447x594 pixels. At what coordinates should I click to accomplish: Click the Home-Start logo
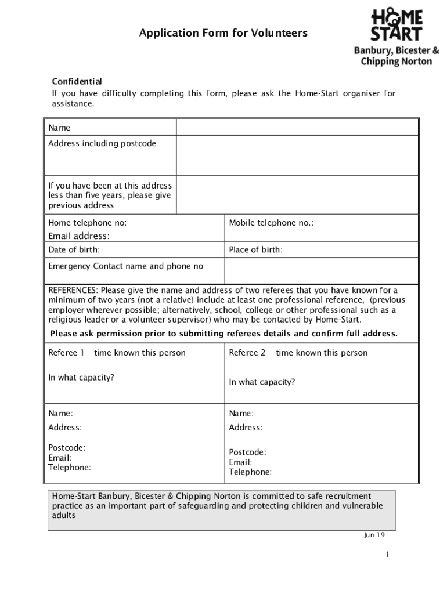[x=397, y=24]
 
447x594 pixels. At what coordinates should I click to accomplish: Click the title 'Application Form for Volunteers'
[x=223, y=33]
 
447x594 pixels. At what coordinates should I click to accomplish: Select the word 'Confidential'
[x=77, y=81]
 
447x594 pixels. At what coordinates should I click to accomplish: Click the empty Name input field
[x=297, y=127]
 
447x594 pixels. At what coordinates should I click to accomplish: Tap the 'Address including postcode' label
[x=102, y=143]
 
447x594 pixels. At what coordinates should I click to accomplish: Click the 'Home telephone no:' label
[x=88, y=223]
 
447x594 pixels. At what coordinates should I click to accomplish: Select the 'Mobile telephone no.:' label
[x=271, y=223]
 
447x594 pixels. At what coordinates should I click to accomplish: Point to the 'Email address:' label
[x=78, y=236]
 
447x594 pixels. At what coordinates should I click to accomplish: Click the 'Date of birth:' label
[x=74, y=250]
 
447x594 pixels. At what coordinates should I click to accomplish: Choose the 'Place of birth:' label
[x=256, y=250]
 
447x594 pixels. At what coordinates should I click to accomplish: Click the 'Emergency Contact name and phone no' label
[x=126, y=266]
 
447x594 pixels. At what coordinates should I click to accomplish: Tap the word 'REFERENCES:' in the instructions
[x=73, y=290]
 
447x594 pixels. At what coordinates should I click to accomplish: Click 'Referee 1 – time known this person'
[x=117, y=353]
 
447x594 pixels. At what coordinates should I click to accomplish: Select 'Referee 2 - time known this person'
[x=298, y=353]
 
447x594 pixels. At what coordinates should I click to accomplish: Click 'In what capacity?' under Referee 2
[x=262, y=382]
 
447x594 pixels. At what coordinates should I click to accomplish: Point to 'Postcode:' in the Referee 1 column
[x=67, y=448]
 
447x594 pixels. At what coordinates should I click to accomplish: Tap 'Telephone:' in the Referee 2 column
[x=250, y=472]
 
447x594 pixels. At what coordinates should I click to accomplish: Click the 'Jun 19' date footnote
[x=374, y=535]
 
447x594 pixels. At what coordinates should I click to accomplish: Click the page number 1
[x=387, y=555]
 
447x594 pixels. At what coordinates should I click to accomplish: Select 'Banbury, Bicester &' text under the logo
[x=396, y=50]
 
